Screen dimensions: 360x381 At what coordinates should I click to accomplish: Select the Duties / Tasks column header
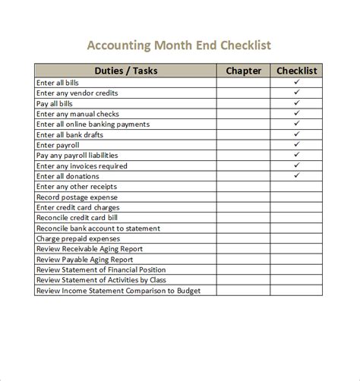(125, 71)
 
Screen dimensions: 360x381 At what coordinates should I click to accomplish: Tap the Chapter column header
(244, 71)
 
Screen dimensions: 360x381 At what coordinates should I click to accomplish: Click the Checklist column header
(297, 71)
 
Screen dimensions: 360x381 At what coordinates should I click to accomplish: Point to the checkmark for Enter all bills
(297, 82)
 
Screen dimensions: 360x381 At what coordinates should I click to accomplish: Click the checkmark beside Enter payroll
(297, 144)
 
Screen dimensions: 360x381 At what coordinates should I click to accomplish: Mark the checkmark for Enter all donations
(297, 175)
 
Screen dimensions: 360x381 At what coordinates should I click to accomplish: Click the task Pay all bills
(55, 103)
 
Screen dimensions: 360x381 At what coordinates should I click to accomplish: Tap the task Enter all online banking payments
(93, 124)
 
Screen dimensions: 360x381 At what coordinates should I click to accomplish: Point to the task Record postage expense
(77, 197)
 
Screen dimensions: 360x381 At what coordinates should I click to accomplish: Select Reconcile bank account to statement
(98, 228)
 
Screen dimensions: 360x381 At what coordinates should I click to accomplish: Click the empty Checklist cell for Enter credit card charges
(297, 207)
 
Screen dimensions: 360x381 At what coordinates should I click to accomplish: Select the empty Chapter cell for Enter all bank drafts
(244, 134)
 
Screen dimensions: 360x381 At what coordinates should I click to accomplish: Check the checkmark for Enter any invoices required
(297, 165)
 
